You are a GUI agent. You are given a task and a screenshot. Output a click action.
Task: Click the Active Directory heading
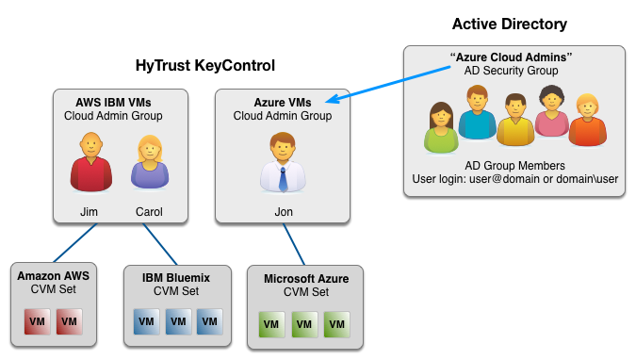(510, 25)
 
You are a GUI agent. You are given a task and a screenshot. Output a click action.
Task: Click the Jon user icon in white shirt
(283, 162)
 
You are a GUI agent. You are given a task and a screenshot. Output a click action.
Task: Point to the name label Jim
(90, 211)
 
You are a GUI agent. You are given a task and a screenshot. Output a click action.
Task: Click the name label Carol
(149, 211)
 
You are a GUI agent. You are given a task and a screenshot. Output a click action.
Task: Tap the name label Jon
(283, 211)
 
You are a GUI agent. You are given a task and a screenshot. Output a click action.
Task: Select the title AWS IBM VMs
(114, 101)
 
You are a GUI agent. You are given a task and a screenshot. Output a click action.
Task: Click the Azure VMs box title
(283, 101)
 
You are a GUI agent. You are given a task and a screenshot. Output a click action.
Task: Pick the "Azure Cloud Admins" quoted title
(513, 57)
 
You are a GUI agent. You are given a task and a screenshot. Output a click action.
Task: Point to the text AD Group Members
(514, 162)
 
